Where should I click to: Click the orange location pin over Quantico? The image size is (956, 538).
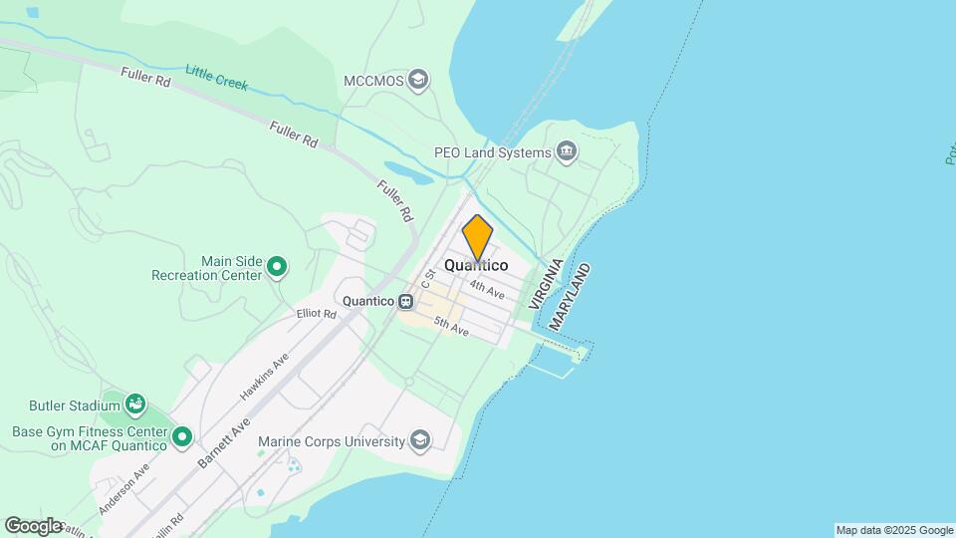click(478, 237)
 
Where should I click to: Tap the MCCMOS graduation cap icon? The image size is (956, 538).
click(419, 80)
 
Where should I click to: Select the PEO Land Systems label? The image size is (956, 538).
click(492, 152)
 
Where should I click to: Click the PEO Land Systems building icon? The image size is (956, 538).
click(568, 152)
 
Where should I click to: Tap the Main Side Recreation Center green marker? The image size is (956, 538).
click(278, 267)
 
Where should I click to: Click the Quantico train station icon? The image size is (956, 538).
click(406, 301)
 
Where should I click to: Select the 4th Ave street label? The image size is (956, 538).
click(488, 287)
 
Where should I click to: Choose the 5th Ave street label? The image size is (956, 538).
click(451, 326)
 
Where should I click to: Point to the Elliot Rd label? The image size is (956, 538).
click(317, 313)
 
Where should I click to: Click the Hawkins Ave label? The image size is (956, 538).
click(264, 378)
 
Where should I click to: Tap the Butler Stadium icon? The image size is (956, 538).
click(136, 404)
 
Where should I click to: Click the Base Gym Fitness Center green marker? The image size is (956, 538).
click(181, 436)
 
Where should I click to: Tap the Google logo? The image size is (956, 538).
click(34, 525)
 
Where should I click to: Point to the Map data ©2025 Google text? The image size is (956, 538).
click(894, 530)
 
